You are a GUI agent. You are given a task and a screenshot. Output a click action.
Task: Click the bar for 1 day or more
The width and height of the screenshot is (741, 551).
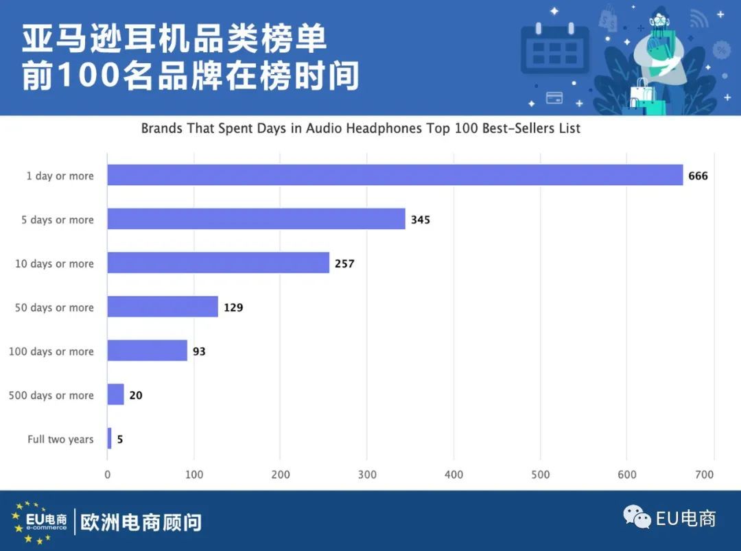(395, 175)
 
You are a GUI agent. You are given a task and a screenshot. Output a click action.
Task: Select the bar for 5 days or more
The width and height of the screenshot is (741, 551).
(256, 219)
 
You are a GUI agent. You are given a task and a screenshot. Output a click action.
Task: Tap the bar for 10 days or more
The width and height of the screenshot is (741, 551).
(218, 263)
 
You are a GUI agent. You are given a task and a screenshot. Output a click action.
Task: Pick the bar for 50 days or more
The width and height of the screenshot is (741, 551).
(163, 307)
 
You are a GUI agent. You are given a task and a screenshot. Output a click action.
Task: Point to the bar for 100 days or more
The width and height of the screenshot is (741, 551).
(147, 351)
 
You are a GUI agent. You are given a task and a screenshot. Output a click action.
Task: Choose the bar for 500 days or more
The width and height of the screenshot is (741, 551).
(115, 395)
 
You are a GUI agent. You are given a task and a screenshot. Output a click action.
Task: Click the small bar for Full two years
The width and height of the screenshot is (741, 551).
(109, 438)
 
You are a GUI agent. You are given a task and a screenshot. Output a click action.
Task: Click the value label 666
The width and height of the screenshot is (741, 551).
(698, 176)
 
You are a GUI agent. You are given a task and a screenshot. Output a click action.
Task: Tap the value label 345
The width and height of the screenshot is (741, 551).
(420, 220)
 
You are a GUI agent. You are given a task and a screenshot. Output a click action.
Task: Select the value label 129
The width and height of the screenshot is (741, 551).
(233, 307)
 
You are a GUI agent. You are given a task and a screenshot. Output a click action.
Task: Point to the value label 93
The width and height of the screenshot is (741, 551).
(199, 351)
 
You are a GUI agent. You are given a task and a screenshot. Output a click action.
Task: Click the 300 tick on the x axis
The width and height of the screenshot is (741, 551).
(367, 474)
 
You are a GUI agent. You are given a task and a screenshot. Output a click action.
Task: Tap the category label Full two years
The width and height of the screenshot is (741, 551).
(60, 439)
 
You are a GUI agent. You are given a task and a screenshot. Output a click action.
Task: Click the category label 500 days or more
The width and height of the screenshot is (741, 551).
(51, 395)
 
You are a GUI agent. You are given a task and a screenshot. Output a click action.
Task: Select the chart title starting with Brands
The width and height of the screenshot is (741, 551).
(361, 128)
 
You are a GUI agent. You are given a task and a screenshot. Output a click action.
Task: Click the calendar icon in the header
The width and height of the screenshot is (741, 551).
(555, 49)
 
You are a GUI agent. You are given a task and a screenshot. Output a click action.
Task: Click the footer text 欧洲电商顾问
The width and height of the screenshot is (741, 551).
(141, 522)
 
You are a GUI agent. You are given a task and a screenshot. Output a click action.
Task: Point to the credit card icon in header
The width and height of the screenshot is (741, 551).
(554, 97)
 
